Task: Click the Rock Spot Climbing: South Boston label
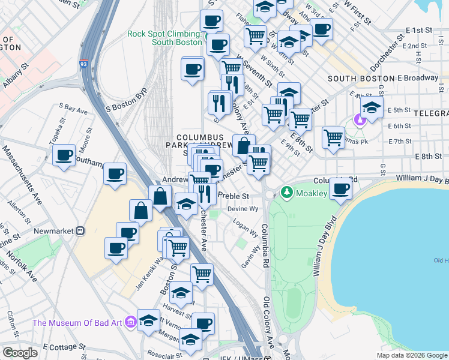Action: click(x=164, y=38)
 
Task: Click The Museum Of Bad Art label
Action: click(x=77, y=323)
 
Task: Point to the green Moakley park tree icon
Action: click(x=287, y=193)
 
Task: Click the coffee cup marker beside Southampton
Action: click(x=64, y=156)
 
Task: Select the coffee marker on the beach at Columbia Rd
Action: click(x=341, y=189)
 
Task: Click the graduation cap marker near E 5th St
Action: click(x=372, y=108)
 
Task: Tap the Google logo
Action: click(x=20, y=353)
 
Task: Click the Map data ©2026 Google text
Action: click(x=411, y=355)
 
